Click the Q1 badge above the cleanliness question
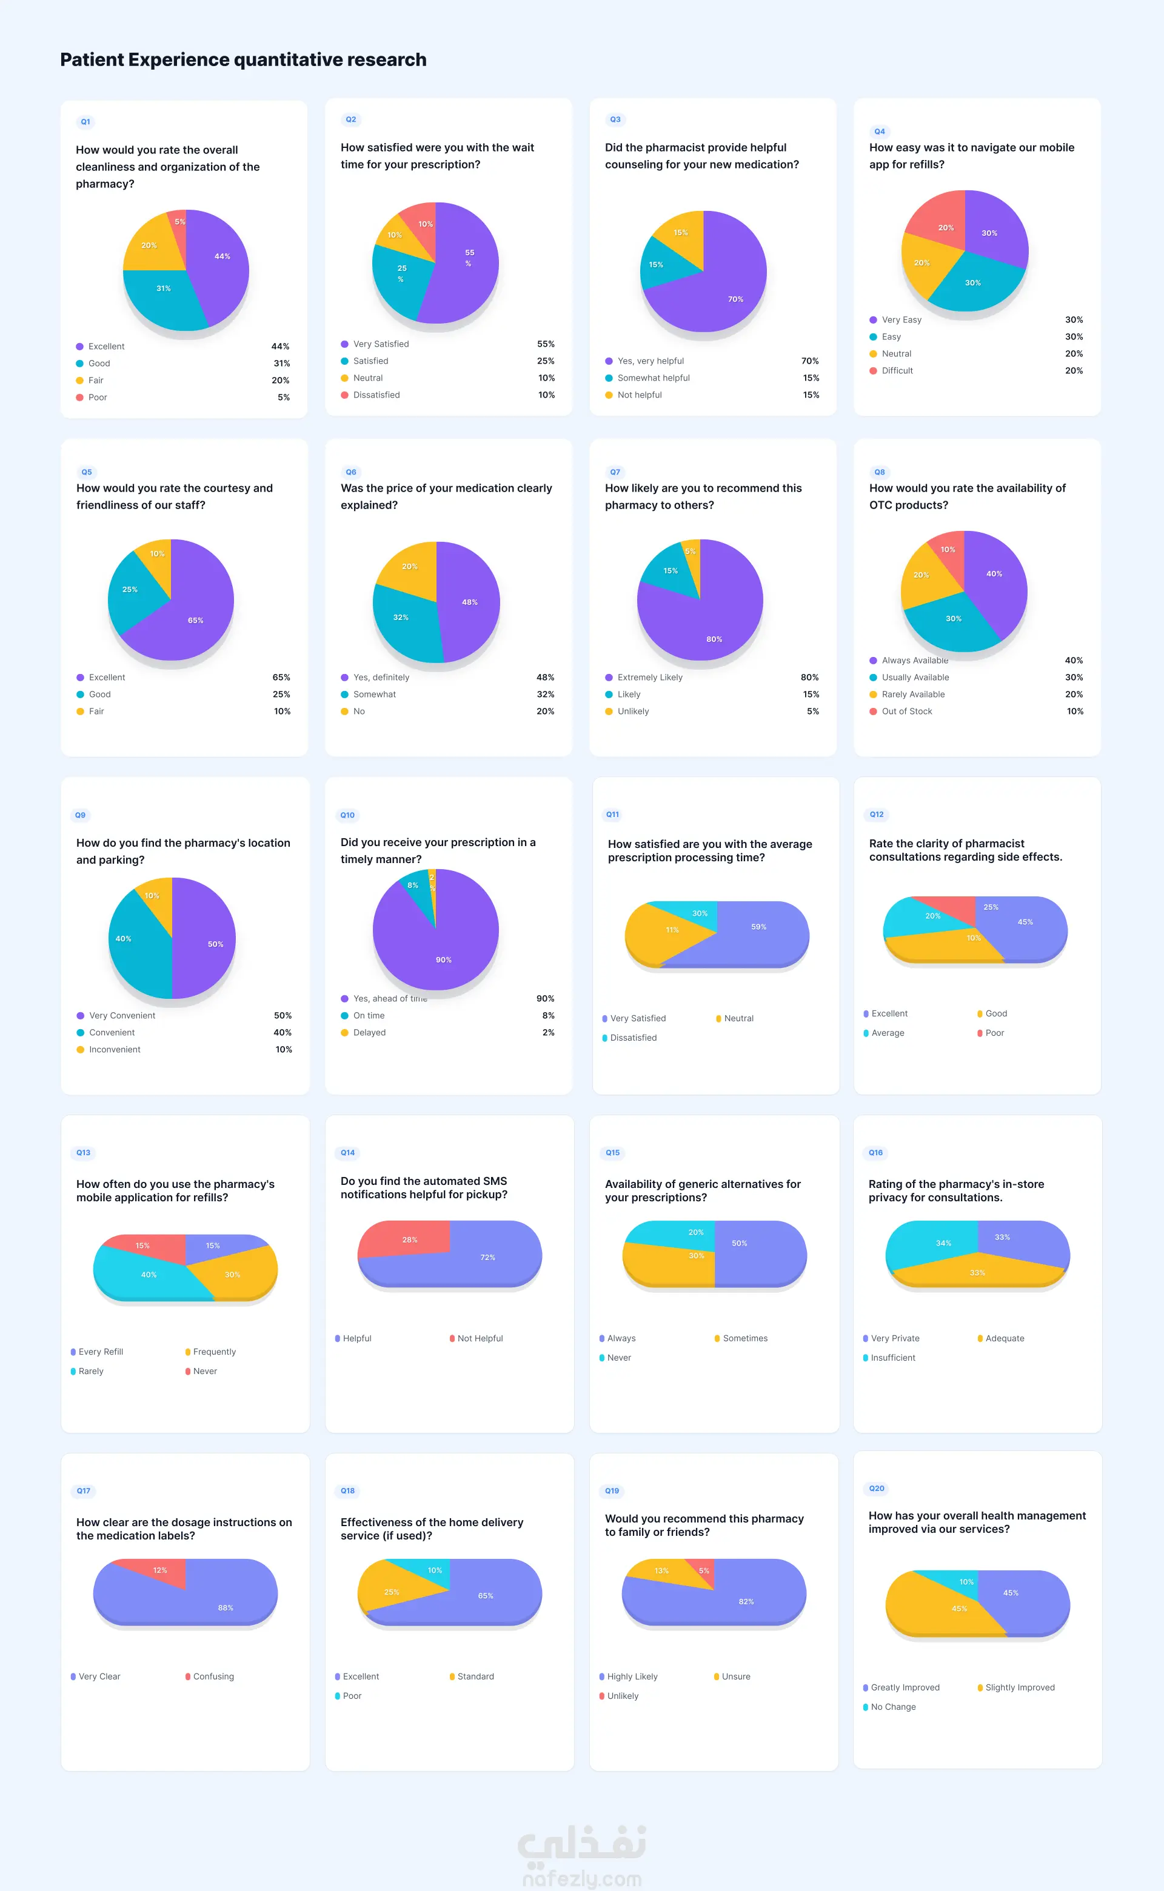pos(85,122)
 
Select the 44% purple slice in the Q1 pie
pos(219,262)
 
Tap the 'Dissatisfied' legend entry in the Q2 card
pos(376,395)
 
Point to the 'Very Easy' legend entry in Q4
pos(901,319)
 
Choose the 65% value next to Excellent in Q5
pos(281,677)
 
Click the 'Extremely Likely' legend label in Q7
pos(649,677)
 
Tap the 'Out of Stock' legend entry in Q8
pos(906,711)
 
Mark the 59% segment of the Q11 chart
pos(758,932)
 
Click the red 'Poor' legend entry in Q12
pos(994,1033)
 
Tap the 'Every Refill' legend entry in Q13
pos(100,1352)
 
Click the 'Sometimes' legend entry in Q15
pos(744,1338)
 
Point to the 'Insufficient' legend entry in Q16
pos(892,1358)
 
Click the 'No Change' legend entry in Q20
pos(892,1707)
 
